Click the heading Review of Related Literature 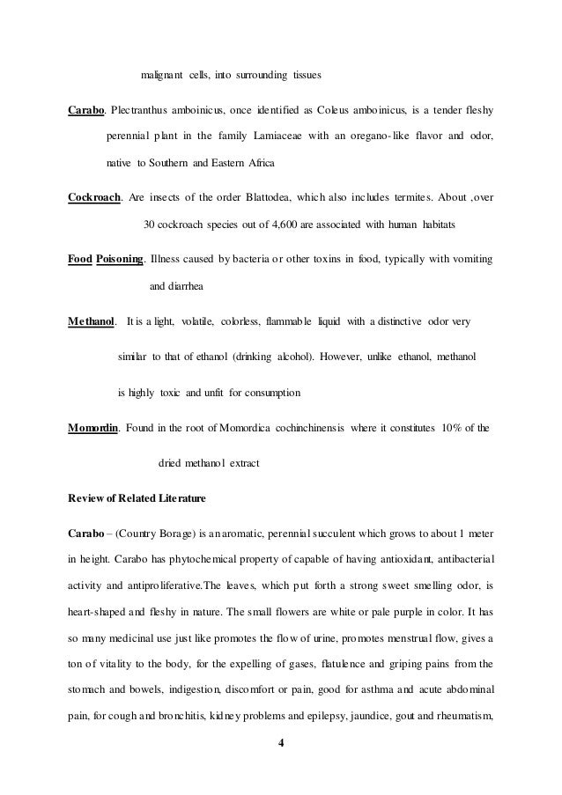pyautogui.click(x=137, y=499)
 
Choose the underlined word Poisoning pyautogui.click(x=121, y=260)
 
